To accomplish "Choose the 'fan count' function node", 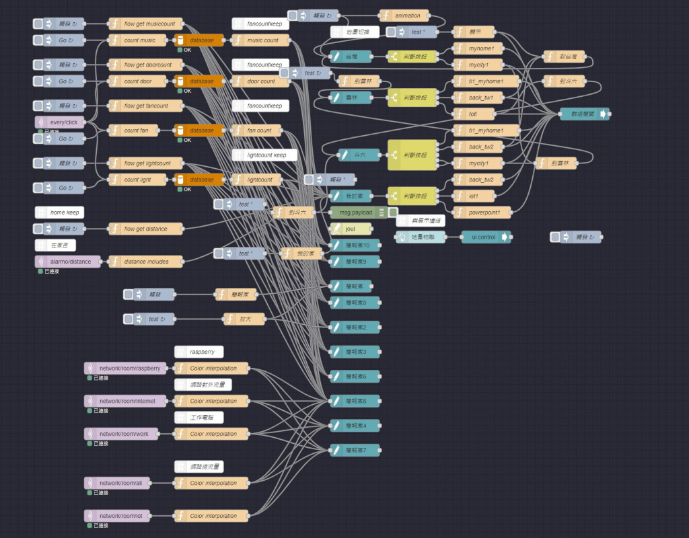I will click(260, 130).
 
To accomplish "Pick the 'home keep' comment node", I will click(60, 213).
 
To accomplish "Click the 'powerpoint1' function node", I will click(482, 213).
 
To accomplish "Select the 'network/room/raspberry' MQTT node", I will click(125, 369).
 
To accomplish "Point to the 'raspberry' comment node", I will click(199, 352).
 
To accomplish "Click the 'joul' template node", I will click(351, 229).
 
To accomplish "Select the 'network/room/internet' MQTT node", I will click(125, 401).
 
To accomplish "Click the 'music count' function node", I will click(260, 40).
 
